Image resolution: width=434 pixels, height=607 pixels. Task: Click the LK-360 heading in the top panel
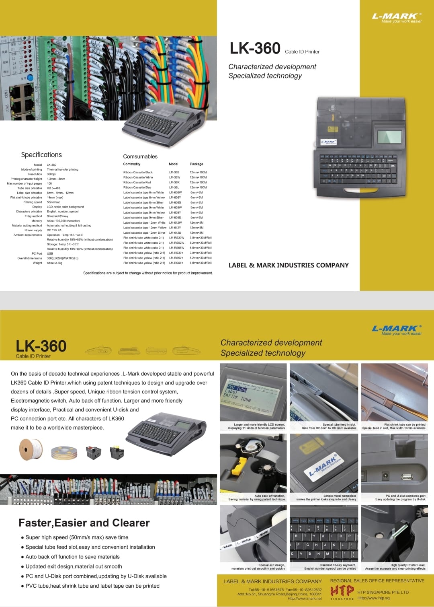255,49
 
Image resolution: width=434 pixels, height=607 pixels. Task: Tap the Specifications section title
41,155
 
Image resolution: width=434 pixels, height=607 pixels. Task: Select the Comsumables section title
140,156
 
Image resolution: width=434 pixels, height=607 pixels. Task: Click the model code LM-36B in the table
174,172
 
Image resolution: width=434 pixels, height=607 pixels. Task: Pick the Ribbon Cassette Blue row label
137,187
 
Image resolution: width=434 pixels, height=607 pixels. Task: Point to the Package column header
197,164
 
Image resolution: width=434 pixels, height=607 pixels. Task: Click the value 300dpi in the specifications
51,174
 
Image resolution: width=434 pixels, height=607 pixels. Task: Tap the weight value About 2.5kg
54,263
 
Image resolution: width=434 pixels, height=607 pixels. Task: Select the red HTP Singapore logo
342,591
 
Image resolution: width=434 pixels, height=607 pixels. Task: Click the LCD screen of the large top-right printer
389,137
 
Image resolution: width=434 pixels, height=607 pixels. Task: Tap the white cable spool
31,450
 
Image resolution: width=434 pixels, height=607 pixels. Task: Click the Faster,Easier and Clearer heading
84,523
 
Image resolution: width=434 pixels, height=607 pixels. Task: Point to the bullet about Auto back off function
72,557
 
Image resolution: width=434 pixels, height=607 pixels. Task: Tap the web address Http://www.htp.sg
373,598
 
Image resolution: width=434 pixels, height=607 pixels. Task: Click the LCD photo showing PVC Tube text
253,392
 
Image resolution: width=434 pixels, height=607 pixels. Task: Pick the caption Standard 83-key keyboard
338,565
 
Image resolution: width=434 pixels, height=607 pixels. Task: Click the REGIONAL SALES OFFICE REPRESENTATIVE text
377,580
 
